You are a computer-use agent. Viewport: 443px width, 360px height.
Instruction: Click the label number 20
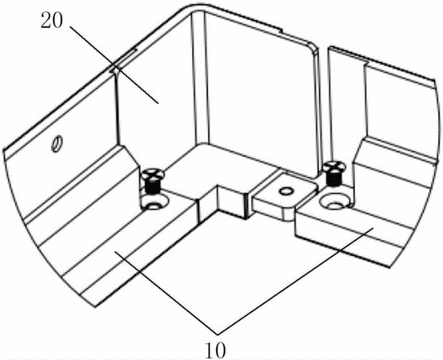click(x=51, y=21)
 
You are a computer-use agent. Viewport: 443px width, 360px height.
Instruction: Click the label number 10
click(x=216, y=350)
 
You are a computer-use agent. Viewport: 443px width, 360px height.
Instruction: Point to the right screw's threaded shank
click(x=333, y=178)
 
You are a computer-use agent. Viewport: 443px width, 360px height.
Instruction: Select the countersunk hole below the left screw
click(x=154, y=203)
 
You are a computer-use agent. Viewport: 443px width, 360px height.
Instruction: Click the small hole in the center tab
click(x=285, y=191)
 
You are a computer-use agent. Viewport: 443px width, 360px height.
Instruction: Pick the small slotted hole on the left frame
click(x=57, y=142)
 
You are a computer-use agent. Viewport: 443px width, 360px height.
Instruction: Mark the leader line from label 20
click(x=114, y=65)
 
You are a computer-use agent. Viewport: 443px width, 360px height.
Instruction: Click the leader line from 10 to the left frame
click(x=166, y=293)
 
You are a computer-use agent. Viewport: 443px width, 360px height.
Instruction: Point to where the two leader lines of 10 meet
click(x=217, y=334)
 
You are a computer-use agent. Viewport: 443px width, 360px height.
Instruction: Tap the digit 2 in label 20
click(x=46, y=21)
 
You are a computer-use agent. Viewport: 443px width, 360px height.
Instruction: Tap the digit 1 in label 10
click(x=210, y=350)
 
